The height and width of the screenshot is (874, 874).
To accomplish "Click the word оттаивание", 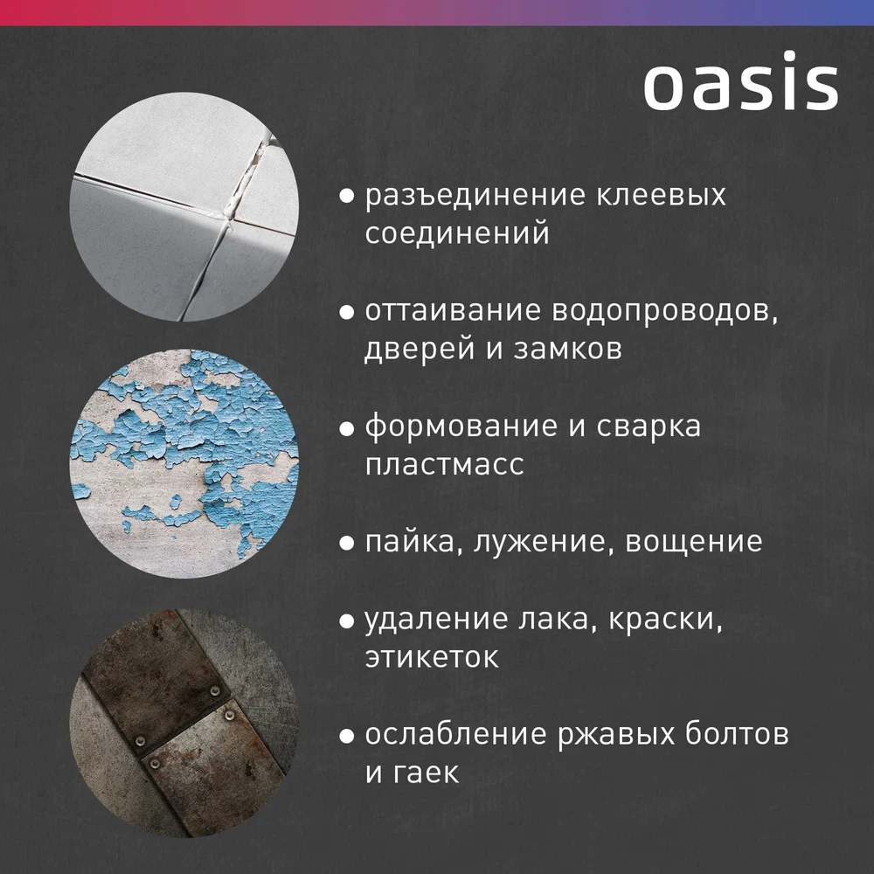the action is tap(453, 310).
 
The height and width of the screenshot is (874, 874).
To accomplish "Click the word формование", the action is tap(461, 427).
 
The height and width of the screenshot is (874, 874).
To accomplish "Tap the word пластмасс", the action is tap(445, 464).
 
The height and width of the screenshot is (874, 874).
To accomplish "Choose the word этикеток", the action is tap(432, 658).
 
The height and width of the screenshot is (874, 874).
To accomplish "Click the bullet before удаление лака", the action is tap(347, 621).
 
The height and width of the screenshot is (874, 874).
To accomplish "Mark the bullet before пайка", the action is tap(347, 544).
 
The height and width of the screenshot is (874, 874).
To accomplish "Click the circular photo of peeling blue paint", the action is tap(184, 463).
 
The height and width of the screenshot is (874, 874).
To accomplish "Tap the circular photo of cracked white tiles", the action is tap(184, 206).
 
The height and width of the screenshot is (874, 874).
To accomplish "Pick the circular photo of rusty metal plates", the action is tap(184, 723).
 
